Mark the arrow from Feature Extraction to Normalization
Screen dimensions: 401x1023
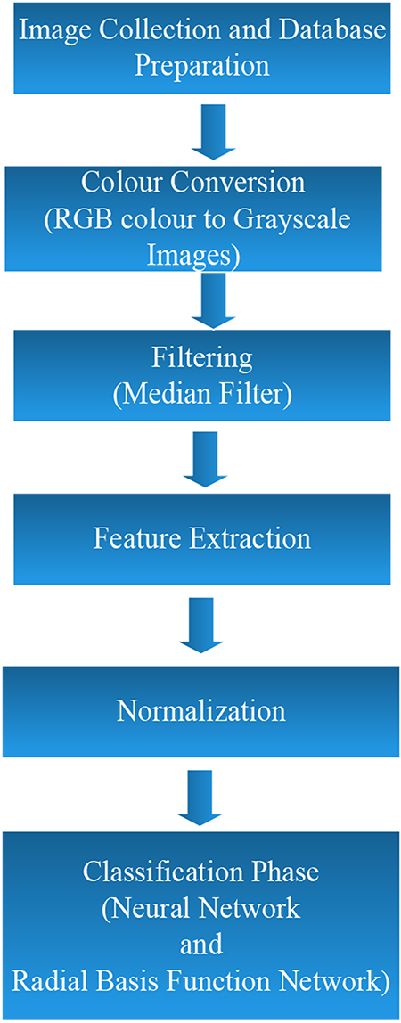200,624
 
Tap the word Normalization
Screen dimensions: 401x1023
200,710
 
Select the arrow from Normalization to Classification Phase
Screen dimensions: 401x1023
200,795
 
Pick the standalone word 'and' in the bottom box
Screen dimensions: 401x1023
200,945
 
